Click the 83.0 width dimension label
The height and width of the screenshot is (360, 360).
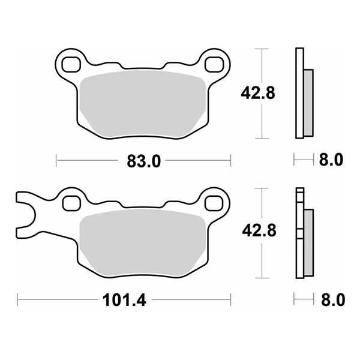click(x=143, y=160)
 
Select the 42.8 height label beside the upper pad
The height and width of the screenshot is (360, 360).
click(x=259, y=92)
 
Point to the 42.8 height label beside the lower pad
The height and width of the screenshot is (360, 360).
click(x=259, y=232)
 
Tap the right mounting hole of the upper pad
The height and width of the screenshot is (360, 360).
click(x=215, y=62)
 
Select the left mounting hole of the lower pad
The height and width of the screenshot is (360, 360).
click(x=70, y=202)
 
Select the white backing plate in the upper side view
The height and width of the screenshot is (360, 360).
click(x=299, y=93)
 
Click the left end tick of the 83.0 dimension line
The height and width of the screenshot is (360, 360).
click(x=56, y=160)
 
